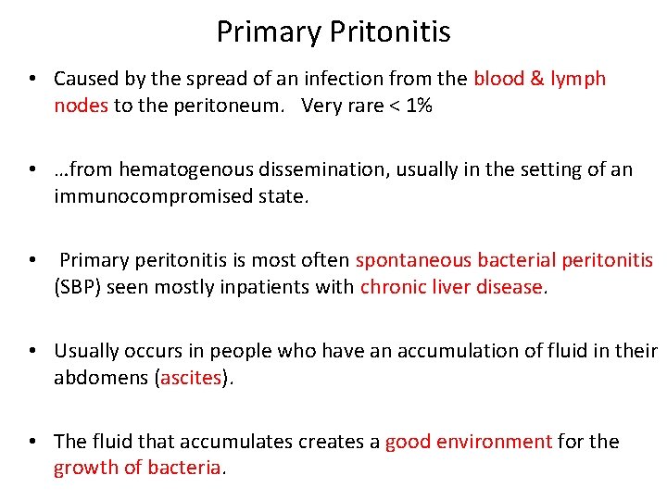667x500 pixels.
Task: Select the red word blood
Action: click(498, 79)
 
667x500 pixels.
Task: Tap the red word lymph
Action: click(577, 79)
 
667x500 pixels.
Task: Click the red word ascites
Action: click(191, 378)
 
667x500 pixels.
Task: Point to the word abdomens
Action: click(101, 378)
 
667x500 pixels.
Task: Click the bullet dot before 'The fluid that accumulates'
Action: click(31, 442)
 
